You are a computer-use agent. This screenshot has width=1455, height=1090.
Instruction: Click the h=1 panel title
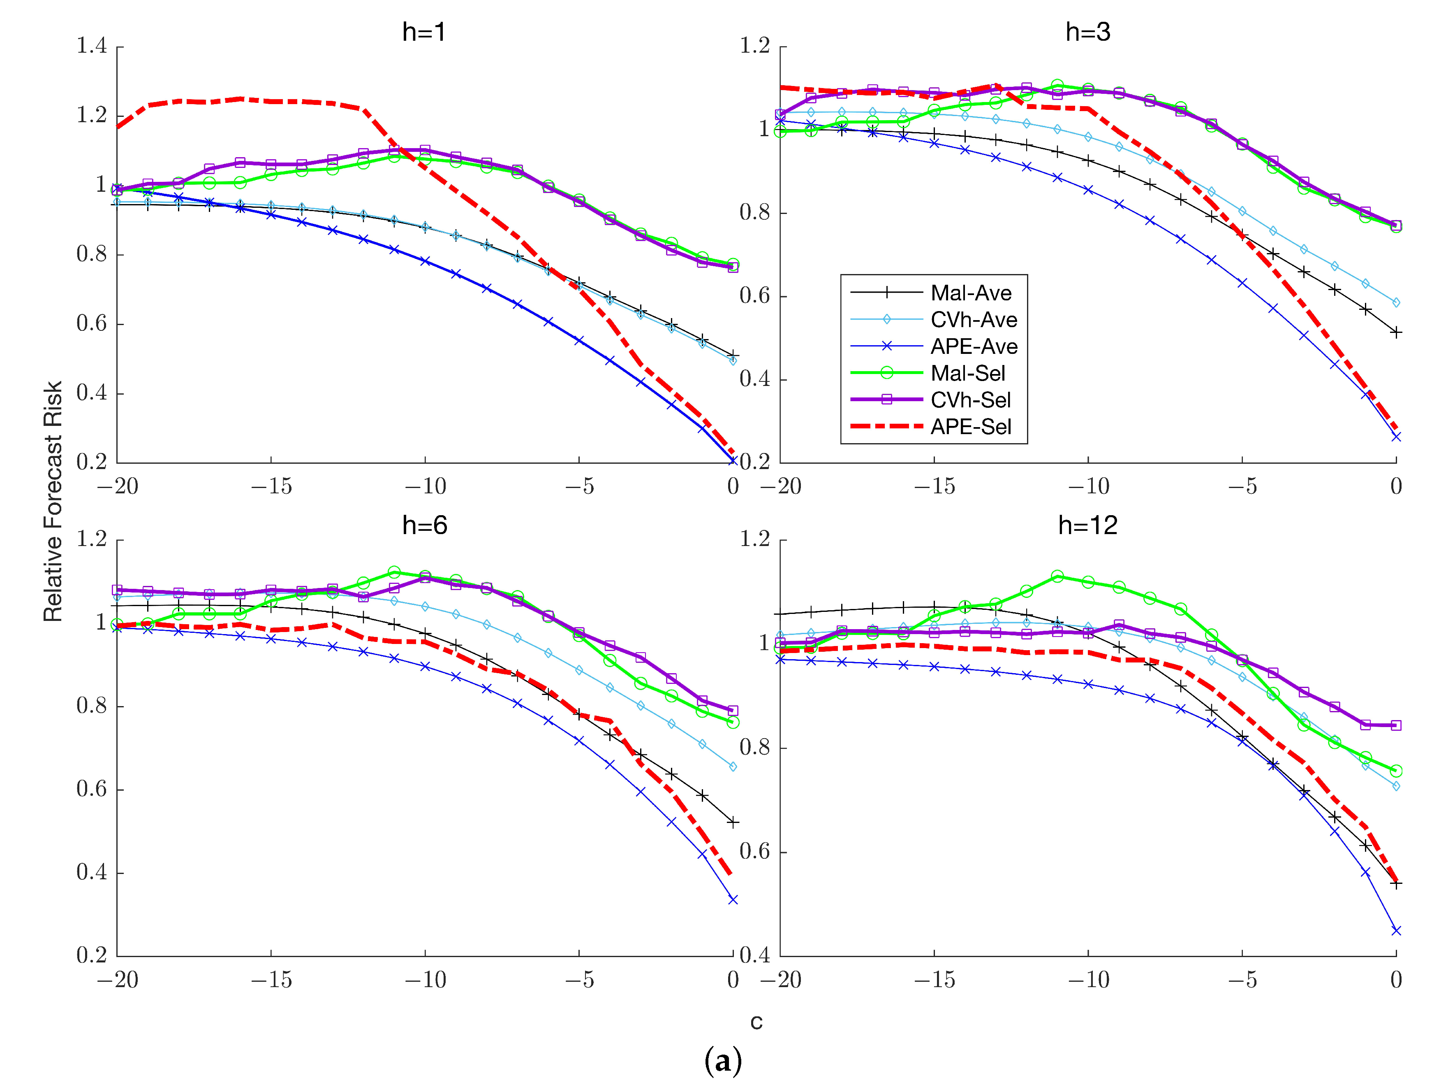point(424,32)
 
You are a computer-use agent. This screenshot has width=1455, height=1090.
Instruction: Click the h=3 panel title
point(1088,32)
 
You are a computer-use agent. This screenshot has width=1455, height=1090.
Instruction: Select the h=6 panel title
point(424,525)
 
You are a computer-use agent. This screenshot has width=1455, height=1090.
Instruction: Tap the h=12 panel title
point(1088,525)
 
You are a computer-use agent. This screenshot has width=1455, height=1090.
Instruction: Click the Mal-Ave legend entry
point(971,293)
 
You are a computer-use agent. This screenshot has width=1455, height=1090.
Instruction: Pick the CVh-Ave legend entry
point(974,320)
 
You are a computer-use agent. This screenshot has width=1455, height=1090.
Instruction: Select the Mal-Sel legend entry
point(967,373)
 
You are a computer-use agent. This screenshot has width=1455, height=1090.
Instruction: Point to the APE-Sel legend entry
point(970,427)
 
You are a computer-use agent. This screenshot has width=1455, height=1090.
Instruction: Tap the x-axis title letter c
point(756,1022)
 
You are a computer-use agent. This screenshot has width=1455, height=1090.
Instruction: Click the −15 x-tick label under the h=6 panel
point(271,980)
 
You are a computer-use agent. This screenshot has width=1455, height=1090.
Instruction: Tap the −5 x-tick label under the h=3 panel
point(1242,486)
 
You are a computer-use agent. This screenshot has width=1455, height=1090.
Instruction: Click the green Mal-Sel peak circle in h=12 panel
point(1057,576)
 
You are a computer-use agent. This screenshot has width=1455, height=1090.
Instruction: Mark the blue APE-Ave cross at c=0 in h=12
point(1396,930)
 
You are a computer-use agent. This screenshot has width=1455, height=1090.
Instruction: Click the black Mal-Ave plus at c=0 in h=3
point(1396,333)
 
